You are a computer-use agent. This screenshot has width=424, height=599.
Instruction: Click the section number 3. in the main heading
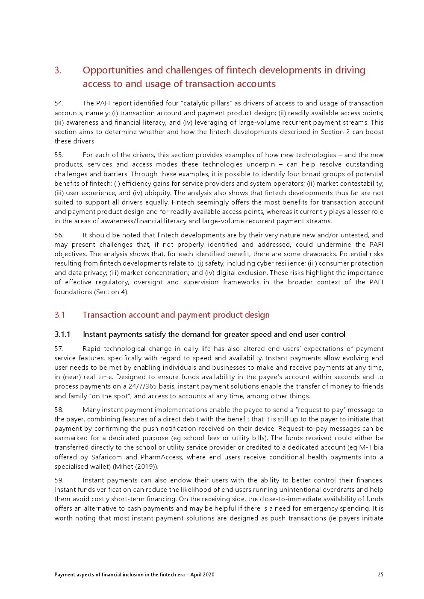(58, 70)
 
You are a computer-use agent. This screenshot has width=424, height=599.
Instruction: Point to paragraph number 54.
(59, 103)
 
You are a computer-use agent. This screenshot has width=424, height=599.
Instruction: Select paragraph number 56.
(59, 235)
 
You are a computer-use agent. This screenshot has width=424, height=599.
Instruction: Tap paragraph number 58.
(59, 410)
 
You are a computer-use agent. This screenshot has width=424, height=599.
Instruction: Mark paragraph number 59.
(59, 480)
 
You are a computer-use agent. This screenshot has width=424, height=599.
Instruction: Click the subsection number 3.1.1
(62, 334)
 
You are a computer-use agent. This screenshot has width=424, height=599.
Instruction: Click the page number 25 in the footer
(380, 575)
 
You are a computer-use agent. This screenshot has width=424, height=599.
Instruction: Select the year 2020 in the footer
(209, 575)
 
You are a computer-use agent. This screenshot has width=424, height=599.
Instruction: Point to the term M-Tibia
(371, 447)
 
